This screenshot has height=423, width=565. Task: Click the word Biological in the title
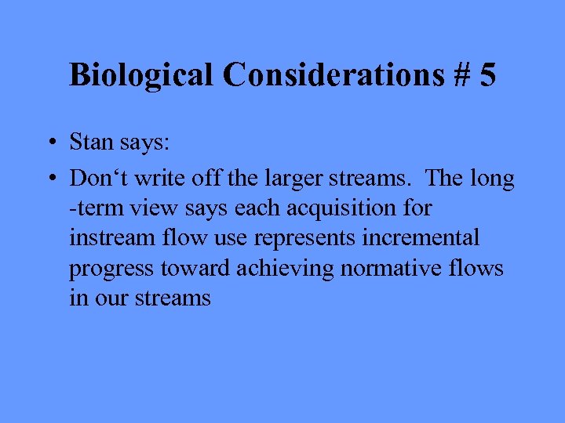(141, 75)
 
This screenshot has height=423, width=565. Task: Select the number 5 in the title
(487, 75)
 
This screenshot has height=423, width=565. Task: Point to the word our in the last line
(108, 298)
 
